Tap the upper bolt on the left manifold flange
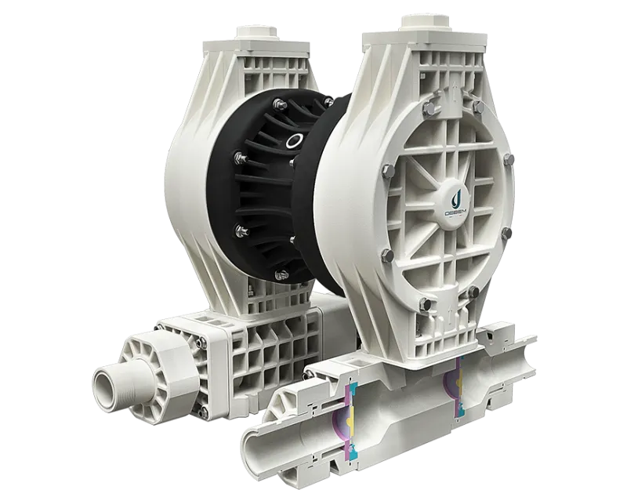[x=198, y=342]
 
